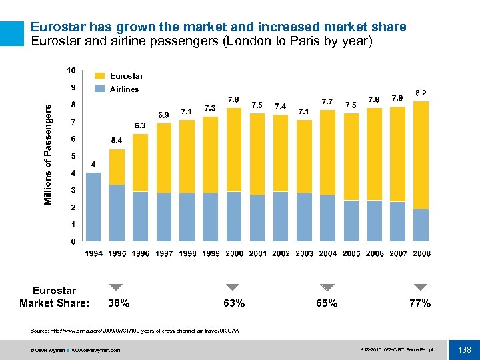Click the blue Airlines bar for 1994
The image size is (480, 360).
click(x=93, y=207)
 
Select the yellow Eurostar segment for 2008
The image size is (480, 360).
click(x=421, y=155)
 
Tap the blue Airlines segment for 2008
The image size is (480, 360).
click(x=421, y=225)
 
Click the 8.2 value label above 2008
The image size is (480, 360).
click(x=421, y=92)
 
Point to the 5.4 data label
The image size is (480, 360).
click(x=117, y=141)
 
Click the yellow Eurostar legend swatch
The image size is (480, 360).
click(x=99, y=76)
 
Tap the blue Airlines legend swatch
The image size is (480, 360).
click(x=99, y=89)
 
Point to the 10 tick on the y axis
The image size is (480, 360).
click(x=70, y=70)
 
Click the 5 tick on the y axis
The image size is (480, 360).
click(x=73, y=156)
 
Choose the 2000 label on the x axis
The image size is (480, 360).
click(x=234, y=254)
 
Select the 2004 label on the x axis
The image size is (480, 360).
click(x=327, y=254)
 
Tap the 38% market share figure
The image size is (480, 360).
click(x=119, y=303)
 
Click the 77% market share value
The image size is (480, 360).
click(x=420, y=303)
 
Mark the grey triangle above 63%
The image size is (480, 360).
click(x=233, y=287)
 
